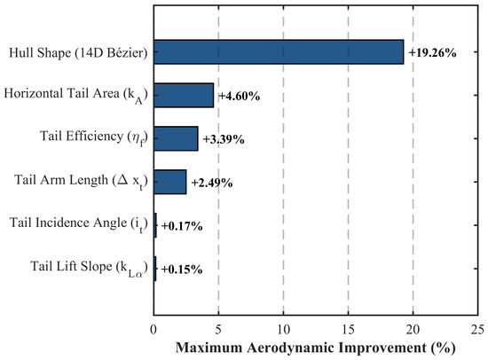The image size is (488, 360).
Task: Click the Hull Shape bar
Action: coord(279,52)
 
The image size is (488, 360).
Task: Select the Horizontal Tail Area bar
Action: coord(184,95)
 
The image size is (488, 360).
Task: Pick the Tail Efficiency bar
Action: coord(176,138)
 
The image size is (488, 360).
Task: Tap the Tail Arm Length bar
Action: coord(170,182)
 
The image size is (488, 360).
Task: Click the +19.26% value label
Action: coord(432,53)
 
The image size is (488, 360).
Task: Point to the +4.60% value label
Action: coord(240,96)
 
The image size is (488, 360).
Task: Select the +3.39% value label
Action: coord(224,139)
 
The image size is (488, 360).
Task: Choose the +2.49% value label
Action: coord(212,183)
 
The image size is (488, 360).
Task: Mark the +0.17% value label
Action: coord(182,226)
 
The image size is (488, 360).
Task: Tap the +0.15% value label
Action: coord(182,270)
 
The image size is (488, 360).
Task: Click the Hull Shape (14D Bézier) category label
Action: coord(78,52)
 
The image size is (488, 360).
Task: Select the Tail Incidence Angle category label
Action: coord(78,224)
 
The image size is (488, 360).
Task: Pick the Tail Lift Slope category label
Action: coord(89,267)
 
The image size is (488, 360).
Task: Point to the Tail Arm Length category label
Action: coord(81,181)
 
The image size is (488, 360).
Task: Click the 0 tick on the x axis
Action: coord(153,330)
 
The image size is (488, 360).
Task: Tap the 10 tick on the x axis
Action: coord(283,330)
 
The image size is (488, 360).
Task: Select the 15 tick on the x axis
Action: coord(348,330)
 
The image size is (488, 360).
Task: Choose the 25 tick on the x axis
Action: coord(477,330)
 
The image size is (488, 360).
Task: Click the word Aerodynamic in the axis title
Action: coord(290,348)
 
